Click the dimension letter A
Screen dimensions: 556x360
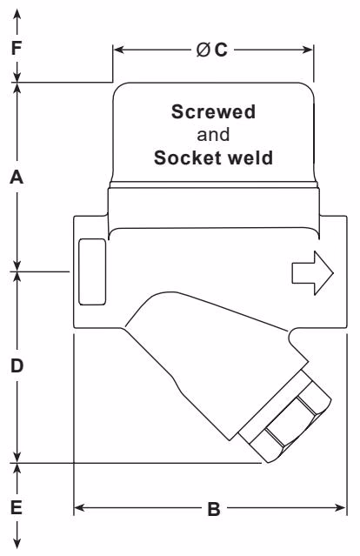tap(17, 178)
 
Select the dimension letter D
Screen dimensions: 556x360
tap(17, 366)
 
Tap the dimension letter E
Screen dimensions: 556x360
tap(17, 506)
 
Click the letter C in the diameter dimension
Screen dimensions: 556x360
tap(221, 50)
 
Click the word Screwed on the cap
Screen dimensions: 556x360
tap(213, 113)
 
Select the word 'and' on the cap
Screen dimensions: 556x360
tap(213, 136)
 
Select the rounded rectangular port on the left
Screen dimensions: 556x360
tap(91, 272)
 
